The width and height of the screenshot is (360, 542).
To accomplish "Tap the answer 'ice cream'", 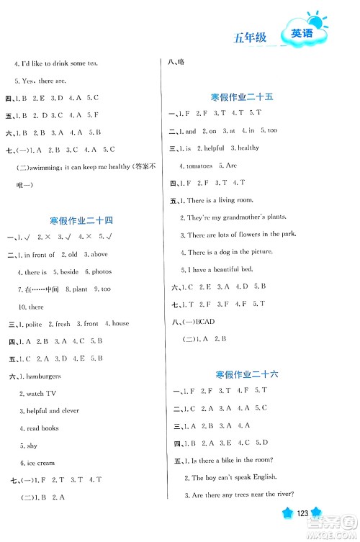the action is [40, 463].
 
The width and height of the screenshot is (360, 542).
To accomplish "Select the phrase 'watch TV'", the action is [41, 394].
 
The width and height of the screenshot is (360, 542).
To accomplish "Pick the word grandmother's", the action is [243, 217].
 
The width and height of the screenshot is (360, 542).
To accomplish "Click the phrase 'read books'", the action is [43, 428].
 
